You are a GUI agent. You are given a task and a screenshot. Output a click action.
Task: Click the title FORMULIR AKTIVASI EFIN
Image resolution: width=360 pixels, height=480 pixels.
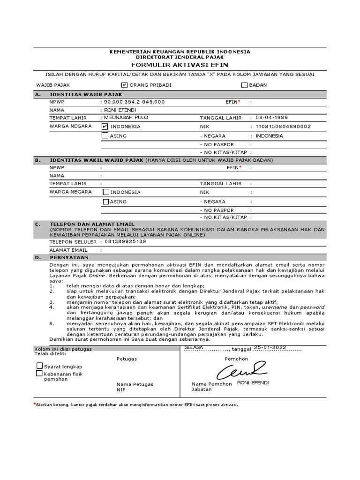[180, 64]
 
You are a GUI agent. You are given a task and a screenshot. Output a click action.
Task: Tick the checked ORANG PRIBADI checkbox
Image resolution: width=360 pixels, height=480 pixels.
[124, 85]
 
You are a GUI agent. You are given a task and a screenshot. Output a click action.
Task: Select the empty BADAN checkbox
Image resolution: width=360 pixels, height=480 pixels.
[244, 85]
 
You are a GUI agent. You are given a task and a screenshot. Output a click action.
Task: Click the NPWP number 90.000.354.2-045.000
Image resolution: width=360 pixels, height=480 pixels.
[134, 102]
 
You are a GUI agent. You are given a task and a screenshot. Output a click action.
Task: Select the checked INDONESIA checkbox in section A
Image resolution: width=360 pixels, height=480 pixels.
[105, 127]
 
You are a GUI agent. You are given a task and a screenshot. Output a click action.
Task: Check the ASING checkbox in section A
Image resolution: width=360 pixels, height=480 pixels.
[105, 136]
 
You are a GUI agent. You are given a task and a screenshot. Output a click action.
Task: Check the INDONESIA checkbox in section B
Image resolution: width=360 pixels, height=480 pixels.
[106, 192]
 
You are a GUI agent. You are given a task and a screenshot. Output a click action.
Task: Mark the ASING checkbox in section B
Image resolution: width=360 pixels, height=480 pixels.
[106, 202]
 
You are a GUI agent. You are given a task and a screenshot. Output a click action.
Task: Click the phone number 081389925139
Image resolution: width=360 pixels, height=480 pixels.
[125, 241]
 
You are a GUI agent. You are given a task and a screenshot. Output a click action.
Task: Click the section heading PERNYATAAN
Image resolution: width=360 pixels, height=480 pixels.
[69, 257]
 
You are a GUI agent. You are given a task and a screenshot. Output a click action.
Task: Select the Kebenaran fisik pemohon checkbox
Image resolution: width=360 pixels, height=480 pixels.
[39, 374]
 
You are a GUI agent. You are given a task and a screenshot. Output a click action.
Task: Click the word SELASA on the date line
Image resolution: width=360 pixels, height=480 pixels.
[194, 347]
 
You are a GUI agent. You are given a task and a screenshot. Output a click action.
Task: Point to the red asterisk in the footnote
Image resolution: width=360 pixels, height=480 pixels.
[34, 404]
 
